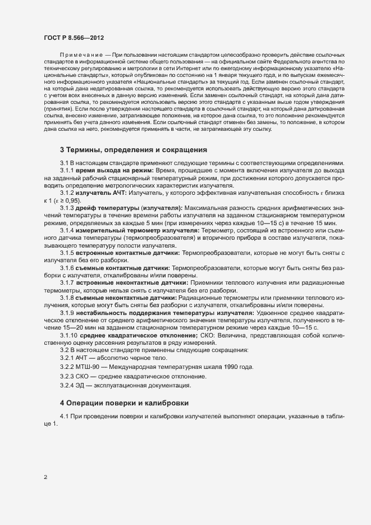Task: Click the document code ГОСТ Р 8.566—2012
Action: point(74,36)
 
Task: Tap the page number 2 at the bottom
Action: point(45,478)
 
